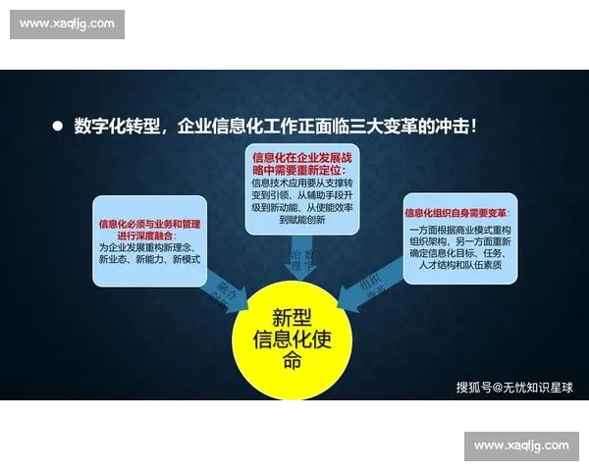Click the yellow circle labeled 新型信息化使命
click(x=292, y=338)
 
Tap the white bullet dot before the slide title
click(x=57, y=127)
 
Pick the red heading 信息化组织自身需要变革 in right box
click(x=456, y=213)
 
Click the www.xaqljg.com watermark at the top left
click(x=67, y=24)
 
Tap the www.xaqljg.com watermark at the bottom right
click(x=521, y=445)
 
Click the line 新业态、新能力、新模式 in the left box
click(x=149, y=259)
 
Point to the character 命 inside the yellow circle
click(x=292, y=360)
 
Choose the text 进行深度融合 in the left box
click(x=149, y=235)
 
